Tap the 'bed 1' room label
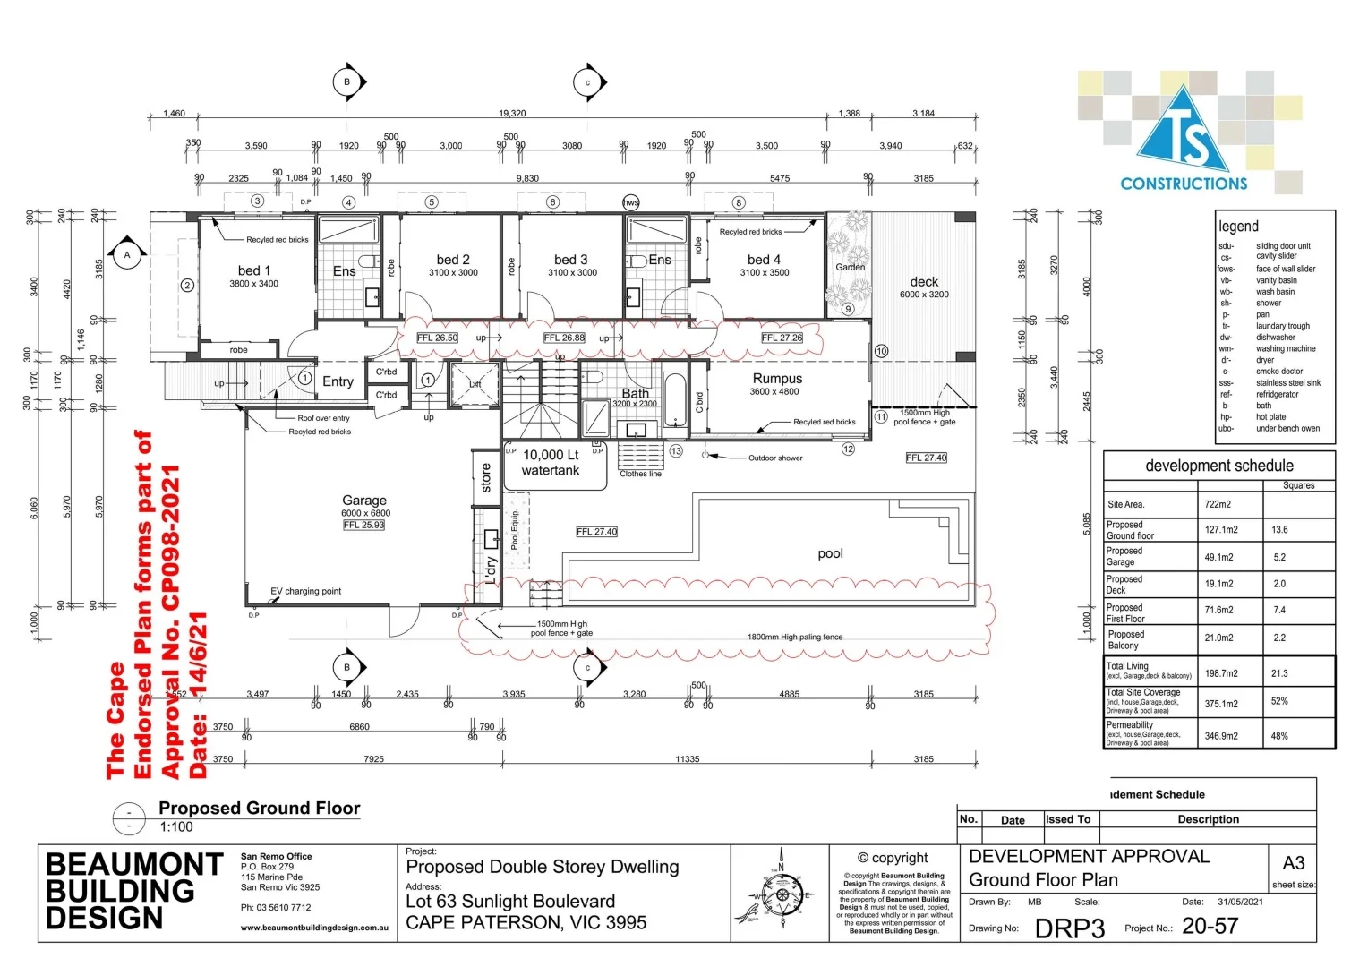pyautogui.click(x=254, y=270)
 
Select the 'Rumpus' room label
pyautogui.click(x=777, y=379)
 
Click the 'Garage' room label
pyautogui.click(x=364, y=501)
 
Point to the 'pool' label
pyautogui.click(x=830, y=553)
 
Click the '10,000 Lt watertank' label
pyautogui.click(x=551, y=463)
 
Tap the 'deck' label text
pyautogui.click(x=924, y=282)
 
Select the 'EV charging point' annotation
pyautogui.click(x=305, y=591)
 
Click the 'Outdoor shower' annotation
pyautogui.click(x=775, y=458)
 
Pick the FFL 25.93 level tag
pyautogui.click(x=364, y=526)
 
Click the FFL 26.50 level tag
pyautogui.click(x=438, y=338)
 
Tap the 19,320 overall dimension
pyautogui.click(x=512, y=114)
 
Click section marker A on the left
pyautogui.click(x=127, y=255)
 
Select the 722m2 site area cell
pyautogui.click(x=1218, y=504)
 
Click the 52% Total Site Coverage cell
pyautogui.click(x=1279, y=701)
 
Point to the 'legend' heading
pyautogui.click(x=1238, y=227)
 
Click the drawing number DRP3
pyautogui.click(x=1070, y=928)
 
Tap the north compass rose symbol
pyautogui.click(x=782, y=894)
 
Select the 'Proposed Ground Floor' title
pyautogui.click(x=260, y=809)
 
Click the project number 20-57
pyautogui.click(x=1210, y=927)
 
